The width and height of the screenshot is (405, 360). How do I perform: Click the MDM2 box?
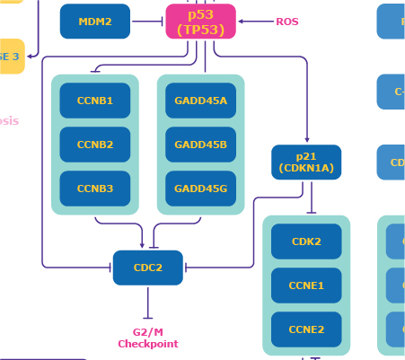95,22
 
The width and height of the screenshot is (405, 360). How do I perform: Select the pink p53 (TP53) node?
201,22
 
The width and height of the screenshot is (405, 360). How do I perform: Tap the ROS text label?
287,22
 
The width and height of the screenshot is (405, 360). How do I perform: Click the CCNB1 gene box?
95,101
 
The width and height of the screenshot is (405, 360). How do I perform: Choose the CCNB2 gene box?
95,145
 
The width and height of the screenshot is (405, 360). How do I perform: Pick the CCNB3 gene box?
95,189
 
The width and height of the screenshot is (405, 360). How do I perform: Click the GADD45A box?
201,101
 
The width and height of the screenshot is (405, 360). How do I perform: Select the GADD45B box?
201,145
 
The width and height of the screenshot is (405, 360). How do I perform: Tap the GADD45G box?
201,189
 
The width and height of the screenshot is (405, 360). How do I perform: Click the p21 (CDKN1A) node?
306,162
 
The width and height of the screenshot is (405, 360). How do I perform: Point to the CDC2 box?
148,268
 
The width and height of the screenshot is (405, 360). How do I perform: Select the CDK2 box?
306,241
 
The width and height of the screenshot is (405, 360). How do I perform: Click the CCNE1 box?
306,285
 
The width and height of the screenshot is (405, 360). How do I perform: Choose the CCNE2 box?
306,329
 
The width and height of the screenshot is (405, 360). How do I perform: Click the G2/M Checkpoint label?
148,338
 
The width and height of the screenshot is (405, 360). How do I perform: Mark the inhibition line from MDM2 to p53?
147,22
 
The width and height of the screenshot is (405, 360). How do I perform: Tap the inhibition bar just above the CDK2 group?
311,212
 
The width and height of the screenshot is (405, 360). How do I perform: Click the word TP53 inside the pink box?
201,28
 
